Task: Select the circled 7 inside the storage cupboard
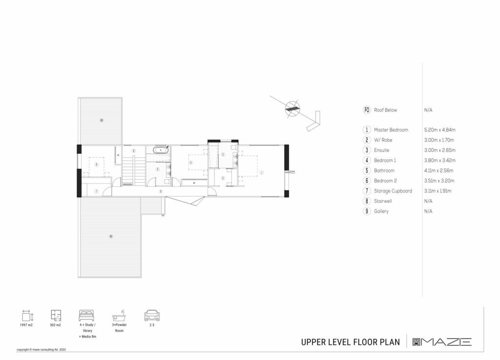[x=97, y=191]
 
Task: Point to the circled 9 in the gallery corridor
[x=161, y=191]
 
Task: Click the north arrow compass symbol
[x=292, y=108]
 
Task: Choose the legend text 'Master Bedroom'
[x=391, y=130]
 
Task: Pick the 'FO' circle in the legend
[x=367, y=110]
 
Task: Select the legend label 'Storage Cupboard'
[x=393, y=191]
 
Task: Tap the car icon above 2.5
[x=152, y=316]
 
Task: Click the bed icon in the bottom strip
[x=87, y=316]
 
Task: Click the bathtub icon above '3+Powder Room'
[x=120, y=316]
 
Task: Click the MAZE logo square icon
[x=417, y=342]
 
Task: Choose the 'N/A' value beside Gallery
[x=428, y=212]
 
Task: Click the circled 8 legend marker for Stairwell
[x=367, y=201]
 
